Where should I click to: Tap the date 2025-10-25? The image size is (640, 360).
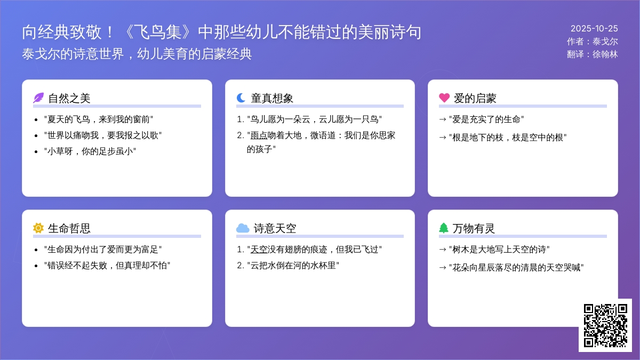594,29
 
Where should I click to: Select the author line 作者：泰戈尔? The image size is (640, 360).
593,42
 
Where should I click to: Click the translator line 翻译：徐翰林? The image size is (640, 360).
593,54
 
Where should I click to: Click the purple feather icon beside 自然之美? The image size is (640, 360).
38,98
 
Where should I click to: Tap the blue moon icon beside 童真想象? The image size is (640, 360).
241,98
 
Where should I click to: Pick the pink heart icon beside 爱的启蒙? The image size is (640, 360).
444,98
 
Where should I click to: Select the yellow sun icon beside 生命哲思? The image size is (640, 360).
38,228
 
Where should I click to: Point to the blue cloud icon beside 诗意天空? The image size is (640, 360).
243,228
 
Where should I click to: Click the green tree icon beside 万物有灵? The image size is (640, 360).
444,228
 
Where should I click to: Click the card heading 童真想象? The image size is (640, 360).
272,98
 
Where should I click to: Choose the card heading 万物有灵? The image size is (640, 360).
474,228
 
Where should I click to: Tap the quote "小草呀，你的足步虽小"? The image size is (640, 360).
90,151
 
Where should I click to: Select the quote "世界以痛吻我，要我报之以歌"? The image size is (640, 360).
102,135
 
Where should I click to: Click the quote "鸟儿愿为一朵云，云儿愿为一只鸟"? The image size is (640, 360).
314,119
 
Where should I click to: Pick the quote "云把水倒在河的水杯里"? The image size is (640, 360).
293,265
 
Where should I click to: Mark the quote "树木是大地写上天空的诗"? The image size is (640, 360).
499,249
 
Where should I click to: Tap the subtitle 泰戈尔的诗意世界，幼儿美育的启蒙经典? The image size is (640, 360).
137,54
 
